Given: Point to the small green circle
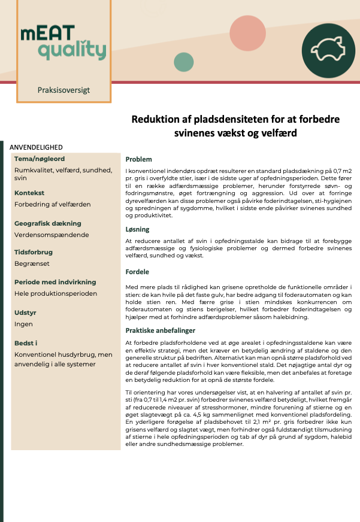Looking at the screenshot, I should (x=184, y=62).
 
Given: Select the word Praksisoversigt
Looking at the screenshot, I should (x=63, y=90).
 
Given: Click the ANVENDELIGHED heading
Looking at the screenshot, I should (x=36, y=147).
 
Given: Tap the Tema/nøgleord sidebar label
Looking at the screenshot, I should (x=40, y=159).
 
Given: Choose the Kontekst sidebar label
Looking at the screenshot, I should (x=29, y=193).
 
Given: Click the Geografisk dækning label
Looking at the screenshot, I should (x=48, y=223).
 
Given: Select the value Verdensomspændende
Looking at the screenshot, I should (x=52, y=235).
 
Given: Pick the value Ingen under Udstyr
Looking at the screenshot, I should (x=23, y=324).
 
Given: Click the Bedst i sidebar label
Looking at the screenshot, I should (x=26, y=343).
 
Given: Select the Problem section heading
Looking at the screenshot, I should (x=138, y=159).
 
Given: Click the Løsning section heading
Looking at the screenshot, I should (x=138, y=229).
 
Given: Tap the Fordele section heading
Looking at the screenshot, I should (x=137, y=272).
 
